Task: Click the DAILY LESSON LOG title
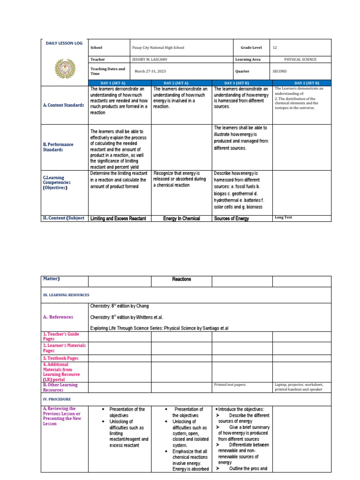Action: (x=64, y=43)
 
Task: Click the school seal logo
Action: (x=64, y=68)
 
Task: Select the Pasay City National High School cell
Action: (x=159, y=48)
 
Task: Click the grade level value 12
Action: (x=275, y=48)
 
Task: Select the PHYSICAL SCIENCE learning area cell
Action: (x=300, y=60)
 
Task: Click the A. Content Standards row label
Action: (x=64, y=105)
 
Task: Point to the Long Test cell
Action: (x=283, y=217)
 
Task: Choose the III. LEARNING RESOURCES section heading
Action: (x=66, y=295)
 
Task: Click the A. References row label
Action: (x=59, y=317)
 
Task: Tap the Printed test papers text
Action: (x=230, y=385)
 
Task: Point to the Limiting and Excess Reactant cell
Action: (x=118, y=218)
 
